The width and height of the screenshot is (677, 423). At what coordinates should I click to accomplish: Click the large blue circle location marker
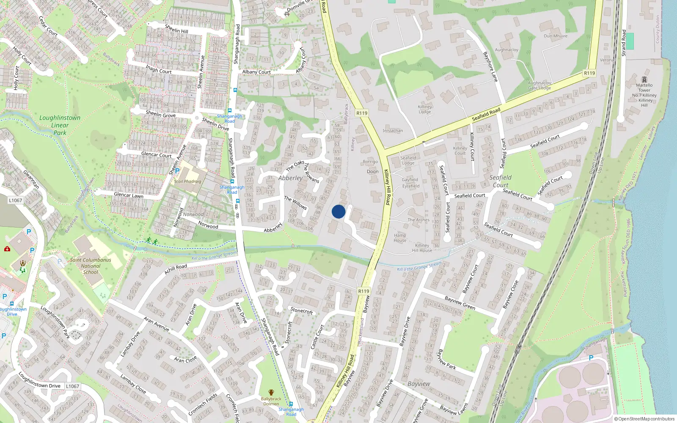[338, 211]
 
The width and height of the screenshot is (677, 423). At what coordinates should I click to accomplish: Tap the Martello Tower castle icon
[644, 79]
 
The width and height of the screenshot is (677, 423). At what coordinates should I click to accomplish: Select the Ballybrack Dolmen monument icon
[271, 392]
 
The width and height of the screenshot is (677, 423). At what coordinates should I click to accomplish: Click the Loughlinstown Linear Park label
[60, 125]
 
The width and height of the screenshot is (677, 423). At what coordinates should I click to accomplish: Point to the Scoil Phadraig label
[187, 181]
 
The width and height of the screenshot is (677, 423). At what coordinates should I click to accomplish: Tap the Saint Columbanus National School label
[91, 266]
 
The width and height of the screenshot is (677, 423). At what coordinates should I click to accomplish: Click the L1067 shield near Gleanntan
[15, 201]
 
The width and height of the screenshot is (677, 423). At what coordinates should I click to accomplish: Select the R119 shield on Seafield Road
[589, 73]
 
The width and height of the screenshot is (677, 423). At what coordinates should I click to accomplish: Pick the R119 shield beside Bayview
[363, 291]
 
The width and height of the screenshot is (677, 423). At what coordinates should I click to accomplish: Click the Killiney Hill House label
[422, 248]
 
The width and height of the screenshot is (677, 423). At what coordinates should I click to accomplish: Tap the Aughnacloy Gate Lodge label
[539, 85]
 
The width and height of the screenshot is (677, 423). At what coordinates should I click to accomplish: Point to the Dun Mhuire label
[556, 36]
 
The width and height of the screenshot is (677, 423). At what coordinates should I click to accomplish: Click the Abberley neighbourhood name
[290, 178]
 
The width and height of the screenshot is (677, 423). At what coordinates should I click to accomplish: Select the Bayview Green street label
[460, 303]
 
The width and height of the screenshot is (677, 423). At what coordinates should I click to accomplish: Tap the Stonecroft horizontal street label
[302, 310]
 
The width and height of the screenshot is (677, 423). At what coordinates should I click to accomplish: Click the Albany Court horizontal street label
[256, 72]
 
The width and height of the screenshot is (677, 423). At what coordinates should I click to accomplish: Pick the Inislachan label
[393, 131]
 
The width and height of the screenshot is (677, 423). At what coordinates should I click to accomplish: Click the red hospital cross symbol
[7, 249]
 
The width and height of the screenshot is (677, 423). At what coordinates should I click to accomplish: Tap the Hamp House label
[400, 238]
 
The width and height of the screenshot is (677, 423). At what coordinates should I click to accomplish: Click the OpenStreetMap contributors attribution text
[644, 419]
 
